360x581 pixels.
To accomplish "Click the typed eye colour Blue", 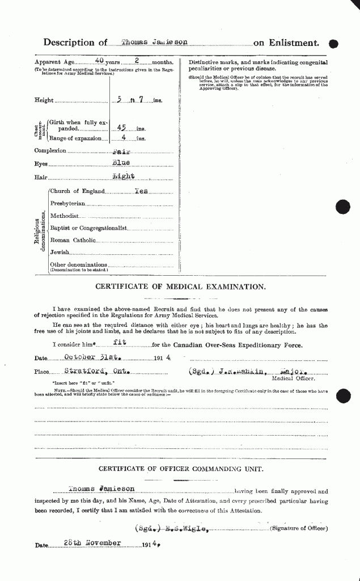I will pyautogui.click(x=121, y=165).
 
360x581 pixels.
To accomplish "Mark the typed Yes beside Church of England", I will pyautogui.click(x=140, y=191).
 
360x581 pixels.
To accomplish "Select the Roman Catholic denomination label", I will pyautogui.click(x=73, y=241).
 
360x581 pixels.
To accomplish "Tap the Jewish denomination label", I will pyautogui.click(x=60, y=252).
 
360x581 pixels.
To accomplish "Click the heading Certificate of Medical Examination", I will pyautogui.click(x=180, y=287).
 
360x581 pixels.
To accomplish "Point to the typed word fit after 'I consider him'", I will pyautogui.click(x=118, y=343).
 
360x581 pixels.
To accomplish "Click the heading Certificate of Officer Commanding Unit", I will pyautogui.click(x=180, y=469).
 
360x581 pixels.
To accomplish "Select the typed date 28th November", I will pyautogui.click(x=92, y=543).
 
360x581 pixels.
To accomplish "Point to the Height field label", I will pyautogui.click(x=44, y=100).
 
